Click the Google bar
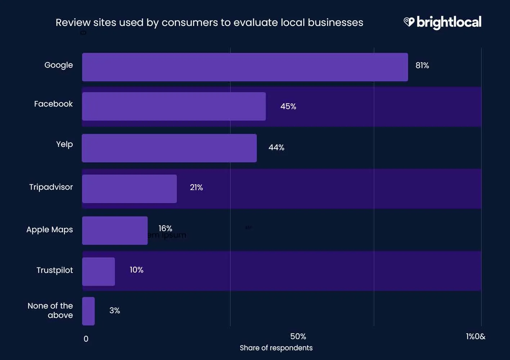coord(245,67)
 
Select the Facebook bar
coord(174,106)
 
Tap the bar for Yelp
coord(169,148)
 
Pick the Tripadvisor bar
coord(129,189)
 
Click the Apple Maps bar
coord(115,230)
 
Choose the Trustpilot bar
coord(98,271)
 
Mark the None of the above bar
coord(88,311)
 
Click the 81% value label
coord(422,66)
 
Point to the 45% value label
coord(288,107)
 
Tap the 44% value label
coord(276,148)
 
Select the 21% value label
coord(196,188)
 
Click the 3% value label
coord(115,311)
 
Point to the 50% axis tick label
coord(298,337)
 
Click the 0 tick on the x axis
coord(86,339)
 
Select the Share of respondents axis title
coord(276,348)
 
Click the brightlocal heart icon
coord(409,22)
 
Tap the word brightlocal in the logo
coord(449,23)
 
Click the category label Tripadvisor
coord(51,187)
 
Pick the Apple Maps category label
coord(49,230)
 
